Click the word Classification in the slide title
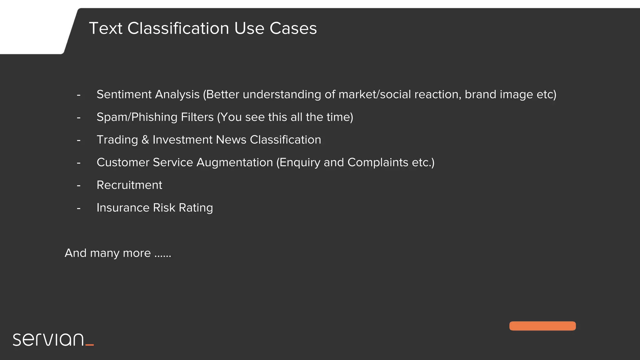(178, 28)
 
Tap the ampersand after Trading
(145, 140)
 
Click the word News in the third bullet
(231, 140)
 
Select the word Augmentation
(234, 162)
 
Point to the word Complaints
(378, 162)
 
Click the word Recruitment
(129, 185)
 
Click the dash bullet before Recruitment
(79, 186)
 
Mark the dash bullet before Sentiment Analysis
(79, 95)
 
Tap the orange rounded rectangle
(542, 326)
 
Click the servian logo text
(48, 340)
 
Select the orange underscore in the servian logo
(90, 345)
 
